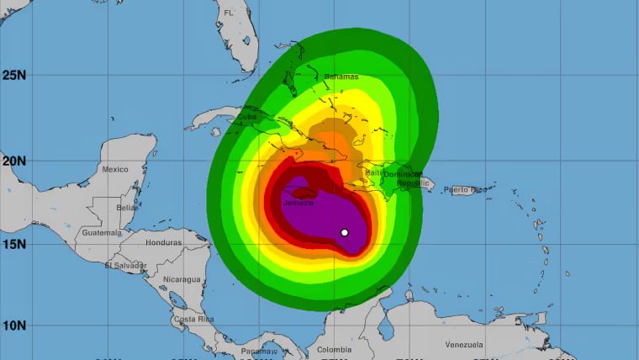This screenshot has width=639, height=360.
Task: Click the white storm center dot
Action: [x=345, y=232]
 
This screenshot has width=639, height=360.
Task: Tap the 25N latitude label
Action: [x=14, y=75]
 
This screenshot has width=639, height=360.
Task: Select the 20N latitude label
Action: [x=14, y=160]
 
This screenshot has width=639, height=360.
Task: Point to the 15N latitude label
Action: [x=14, y=244]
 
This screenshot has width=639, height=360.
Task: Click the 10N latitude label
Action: [x=14, y=326]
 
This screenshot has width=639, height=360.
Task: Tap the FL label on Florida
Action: [x=228, y=13]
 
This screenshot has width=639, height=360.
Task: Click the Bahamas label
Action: [x=341, y=77]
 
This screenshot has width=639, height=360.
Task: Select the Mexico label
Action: [x=115, y=169]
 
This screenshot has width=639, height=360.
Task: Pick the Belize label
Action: [x=128, y=207]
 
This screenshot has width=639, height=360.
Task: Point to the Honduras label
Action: [x=164, y=242]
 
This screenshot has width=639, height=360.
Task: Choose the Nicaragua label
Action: [x=182, y=278]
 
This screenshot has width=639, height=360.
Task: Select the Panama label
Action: [x=257, y=351]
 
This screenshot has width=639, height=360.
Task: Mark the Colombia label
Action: [x=335, y=350]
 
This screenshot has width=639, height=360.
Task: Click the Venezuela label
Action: [x=464, y=345]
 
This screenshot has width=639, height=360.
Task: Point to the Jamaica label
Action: [x=298, y=203]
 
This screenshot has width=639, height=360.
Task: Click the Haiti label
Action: [x=372, y=172]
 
